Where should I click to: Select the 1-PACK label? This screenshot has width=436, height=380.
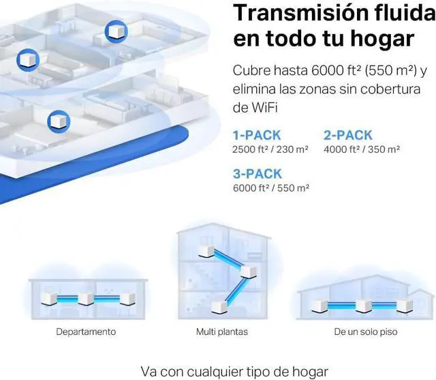(x=257, y=135)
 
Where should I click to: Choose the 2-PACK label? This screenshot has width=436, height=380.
(x=347, y=135)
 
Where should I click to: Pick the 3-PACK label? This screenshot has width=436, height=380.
(x=258, y=173)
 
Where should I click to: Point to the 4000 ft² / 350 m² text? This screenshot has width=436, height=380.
(x=362, y=149)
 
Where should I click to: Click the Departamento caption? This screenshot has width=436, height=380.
(x=86, y=332)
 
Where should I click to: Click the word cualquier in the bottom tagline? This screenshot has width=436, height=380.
(x=223, y=372)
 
